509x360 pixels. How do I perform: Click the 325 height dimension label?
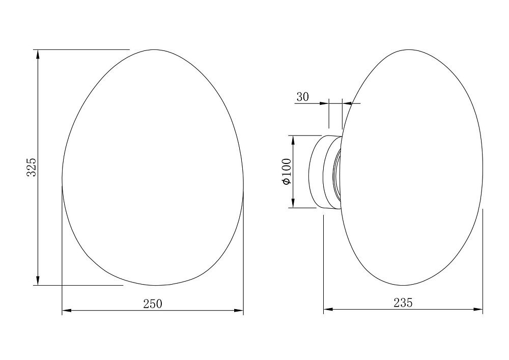tap(31, 167)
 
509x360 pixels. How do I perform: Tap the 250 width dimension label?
tap(153, 304)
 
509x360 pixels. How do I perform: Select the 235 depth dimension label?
tap(403, 302)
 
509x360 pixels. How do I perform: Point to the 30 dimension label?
tap(302, 97)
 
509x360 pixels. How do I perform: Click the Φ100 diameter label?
tap(287, 172)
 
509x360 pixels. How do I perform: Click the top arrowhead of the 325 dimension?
tap(38, 54)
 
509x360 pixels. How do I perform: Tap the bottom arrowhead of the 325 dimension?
tap(38, 281)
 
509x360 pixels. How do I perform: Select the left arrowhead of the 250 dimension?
tap(67, 311)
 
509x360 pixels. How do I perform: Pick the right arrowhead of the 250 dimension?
tap(239, 311)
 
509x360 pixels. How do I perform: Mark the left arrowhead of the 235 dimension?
tap(328, 310)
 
